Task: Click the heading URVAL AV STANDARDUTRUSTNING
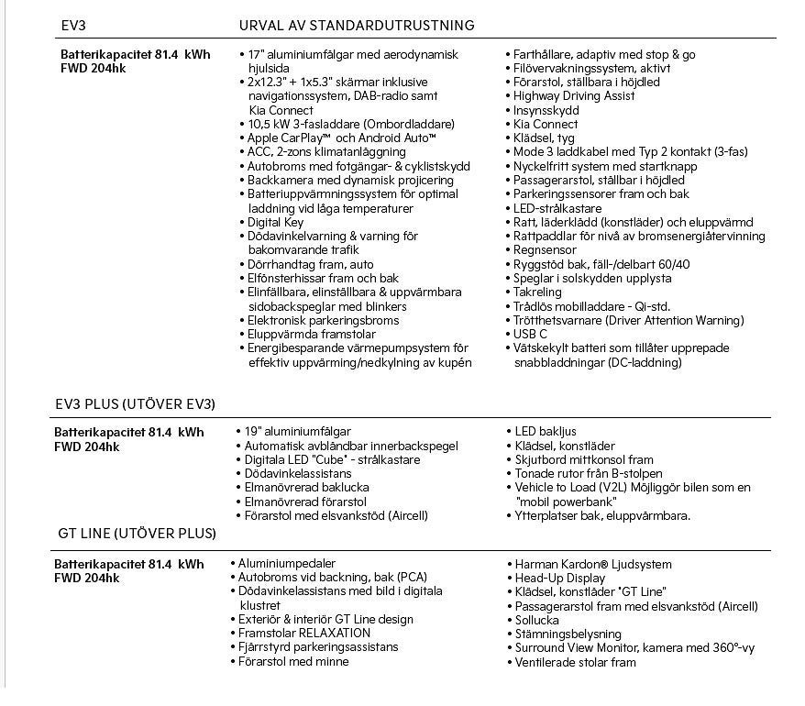(x=356, y=25)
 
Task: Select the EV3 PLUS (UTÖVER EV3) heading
(x=136, y=404)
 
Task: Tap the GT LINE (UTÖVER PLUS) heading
(x=137, y=534)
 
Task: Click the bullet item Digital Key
(x=275, y=223)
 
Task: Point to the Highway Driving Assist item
(x=574, y=96)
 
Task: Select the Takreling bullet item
(x=538, y=292)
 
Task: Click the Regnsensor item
(x=545, y=250)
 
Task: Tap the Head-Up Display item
(x=559, y=579)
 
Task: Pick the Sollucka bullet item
(x=536, y=620)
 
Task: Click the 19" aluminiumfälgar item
(x=297, y=432)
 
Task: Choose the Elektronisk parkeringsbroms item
(x=323, y=321)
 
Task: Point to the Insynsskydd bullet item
(x=546, y=110)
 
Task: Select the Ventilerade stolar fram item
(x=575, y=662)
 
